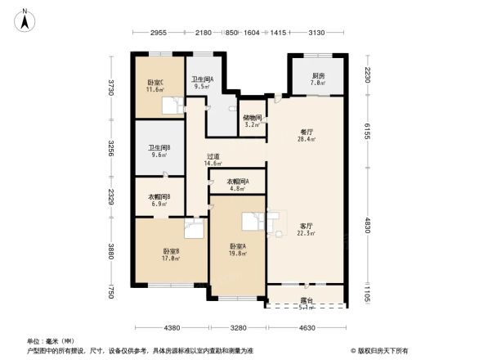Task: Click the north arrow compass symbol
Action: pyautogui.click(x=25, y=18)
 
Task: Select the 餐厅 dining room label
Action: pyautogui.click(x=307, y=133)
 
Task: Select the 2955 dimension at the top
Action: pyautogui.click(x=159, y=34)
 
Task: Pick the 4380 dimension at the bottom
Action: pyautogui.click(x=171, y=328)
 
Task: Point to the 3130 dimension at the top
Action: pyautogui.click(x=316, y=34)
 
